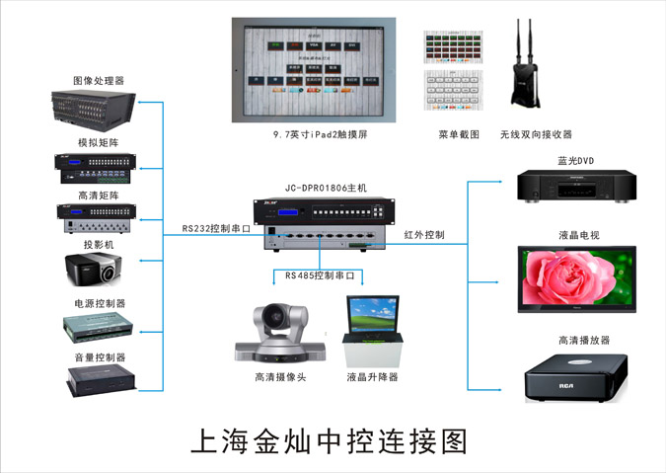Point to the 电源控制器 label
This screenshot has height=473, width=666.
[99, 303]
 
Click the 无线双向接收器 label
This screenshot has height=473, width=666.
[536, 134]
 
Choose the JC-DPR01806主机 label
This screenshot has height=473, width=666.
[325, 187]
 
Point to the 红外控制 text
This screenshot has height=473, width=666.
[424, 235]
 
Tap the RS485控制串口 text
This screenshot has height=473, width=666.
[320, 276]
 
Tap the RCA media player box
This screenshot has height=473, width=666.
[573, 376]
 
